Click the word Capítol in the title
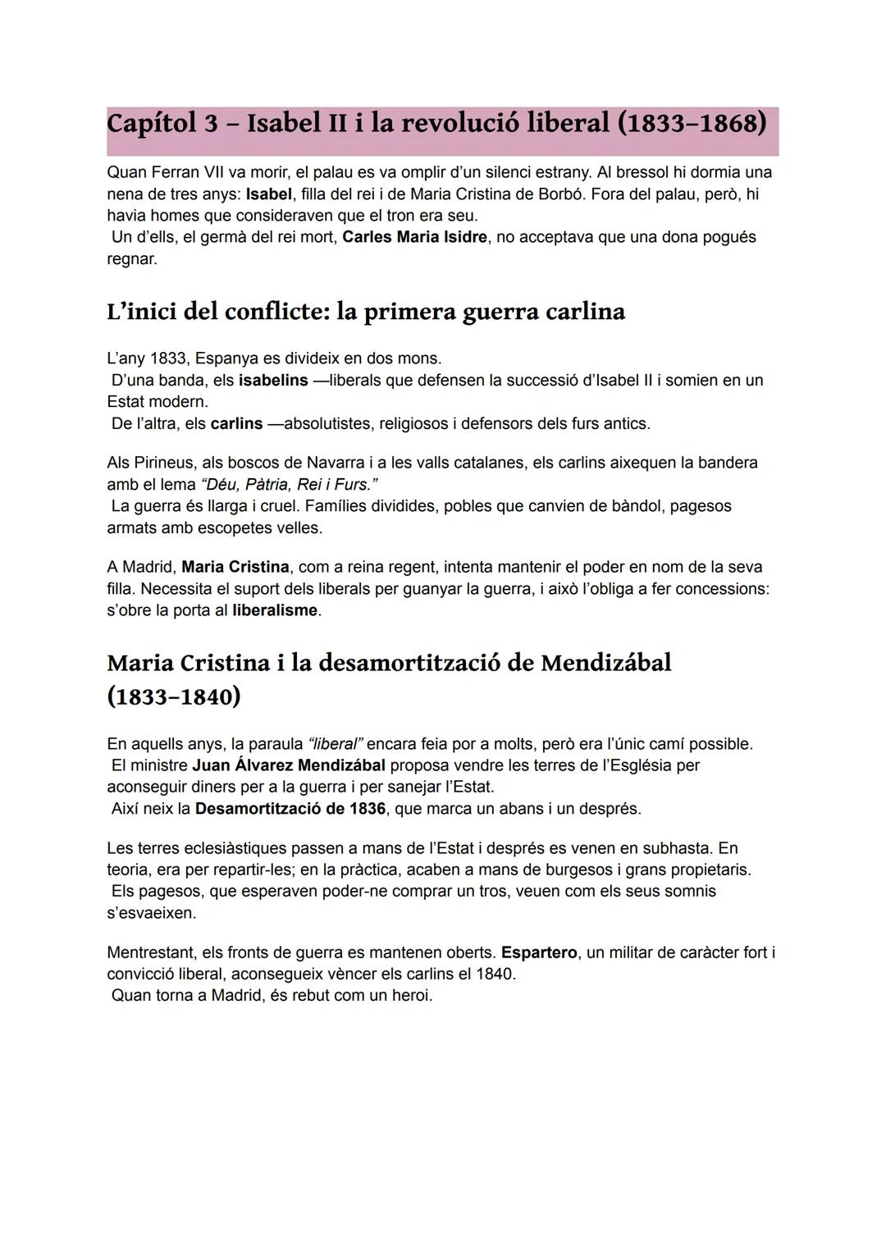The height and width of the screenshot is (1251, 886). coord(152,124)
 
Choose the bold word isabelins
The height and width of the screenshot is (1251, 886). coord(273,380)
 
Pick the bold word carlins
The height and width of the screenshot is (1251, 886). coord(236,424)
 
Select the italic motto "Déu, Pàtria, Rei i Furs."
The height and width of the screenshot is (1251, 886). coord(290,484)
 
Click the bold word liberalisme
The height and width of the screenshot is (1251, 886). coord(275,610)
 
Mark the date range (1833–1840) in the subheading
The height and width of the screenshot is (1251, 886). coord(174,696)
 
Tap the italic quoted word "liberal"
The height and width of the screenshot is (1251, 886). coord(334,744)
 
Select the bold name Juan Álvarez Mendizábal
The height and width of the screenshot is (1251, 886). coord(289,765)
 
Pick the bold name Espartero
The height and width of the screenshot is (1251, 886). coord(539,953)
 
